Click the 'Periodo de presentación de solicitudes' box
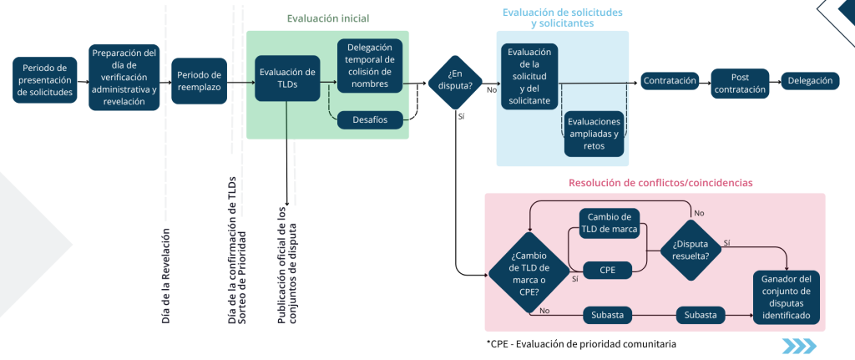(x=44, y=81)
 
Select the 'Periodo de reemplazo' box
(x=199, y=81)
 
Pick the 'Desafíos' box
(x=369, y=119)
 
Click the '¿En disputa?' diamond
(x=455, y=79)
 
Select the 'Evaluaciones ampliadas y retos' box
(x=593, y=134)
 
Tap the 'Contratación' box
(x=670, y=81)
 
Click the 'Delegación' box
(x=809, y=81)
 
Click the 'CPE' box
(x=608, y=269)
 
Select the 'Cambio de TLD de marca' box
(x=608, y=222)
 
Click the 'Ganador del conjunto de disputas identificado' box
(x=785, y=297)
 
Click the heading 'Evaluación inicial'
(x=327, y=18)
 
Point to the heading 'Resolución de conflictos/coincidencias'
(x=655, y=183)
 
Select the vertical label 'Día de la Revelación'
(x=165, y=275)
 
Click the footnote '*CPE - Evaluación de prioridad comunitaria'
(x=580, y=344)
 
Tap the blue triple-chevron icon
(x=799, y=346)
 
